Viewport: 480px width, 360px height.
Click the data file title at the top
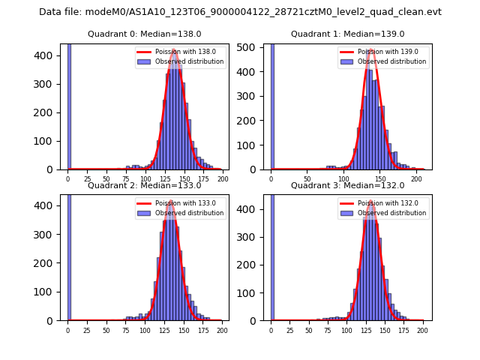pos(240,12)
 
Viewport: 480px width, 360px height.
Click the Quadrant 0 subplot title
pos(144,34)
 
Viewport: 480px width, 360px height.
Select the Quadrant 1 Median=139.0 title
pos(347,34)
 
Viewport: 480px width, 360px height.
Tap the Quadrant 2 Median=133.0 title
pos(144,185)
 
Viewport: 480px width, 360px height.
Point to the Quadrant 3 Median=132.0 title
pos(347,185)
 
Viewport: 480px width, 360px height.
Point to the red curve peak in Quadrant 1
pos(371,51)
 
